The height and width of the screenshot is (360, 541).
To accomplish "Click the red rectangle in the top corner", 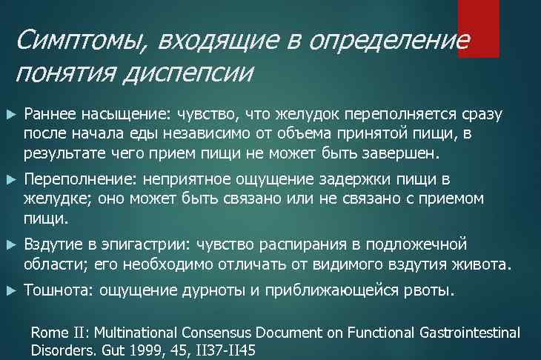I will click(478, 28).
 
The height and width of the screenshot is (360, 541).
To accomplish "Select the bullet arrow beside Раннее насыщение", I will click(10, 115).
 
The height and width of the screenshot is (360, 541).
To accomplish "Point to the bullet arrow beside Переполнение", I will click(10, 179).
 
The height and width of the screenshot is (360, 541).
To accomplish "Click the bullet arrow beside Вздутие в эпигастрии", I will click(10, 244).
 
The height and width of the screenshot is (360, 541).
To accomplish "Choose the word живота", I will click(483, 264).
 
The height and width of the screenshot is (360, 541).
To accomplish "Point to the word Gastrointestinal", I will click(469, 333).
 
